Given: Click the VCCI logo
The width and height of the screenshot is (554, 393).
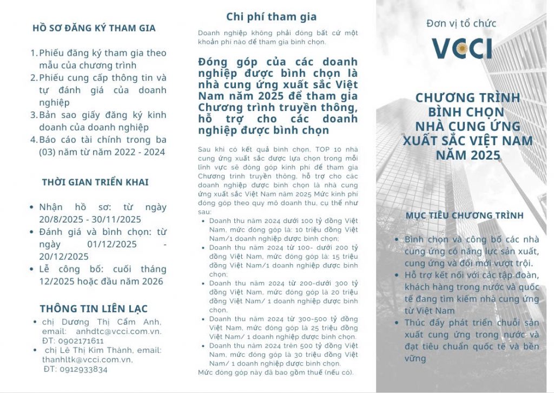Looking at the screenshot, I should tap(461, 48).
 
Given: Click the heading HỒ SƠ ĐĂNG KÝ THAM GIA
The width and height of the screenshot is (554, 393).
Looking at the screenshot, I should tap(94, 28).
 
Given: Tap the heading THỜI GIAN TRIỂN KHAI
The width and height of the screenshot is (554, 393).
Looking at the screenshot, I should tap(95, 182).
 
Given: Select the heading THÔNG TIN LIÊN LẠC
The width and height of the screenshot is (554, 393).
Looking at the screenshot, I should tap(94, 309).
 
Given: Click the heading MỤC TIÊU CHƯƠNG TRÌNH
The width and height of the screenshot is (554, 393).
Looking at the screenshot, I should tap(465, 215).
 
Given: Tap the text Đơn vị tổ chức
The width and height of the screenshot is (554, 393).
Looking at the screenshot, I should tap(461, 23).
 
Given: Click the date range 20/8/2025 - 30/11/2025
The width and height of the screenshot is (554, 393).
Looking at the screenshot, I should tap(90, 219).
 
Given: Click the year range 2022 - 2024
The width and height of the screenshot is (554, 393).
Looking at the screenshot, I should tap(134, 152).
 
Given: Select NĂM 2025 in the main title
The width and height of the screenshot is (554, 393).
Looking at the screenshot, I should tap(468, 156).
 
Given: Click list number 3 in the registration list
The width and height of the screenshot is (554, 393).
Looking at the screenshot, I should tap(34, 115).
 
